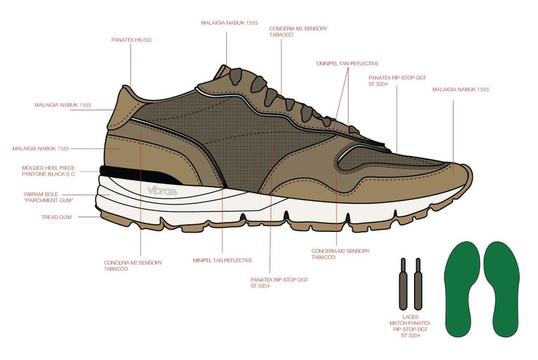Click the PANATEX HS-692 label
(x=132, y=40)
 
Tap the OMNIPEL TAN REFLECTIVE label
(x=345, y=62)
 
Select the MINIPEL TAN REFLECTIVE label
(x=222, y=260)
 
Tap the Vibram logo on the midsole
(x=163, y=191)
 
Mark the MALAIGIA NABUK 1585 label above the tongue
(x=230, y=23)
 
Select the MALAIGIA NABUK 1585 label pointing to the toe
(x=460, y=90)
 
